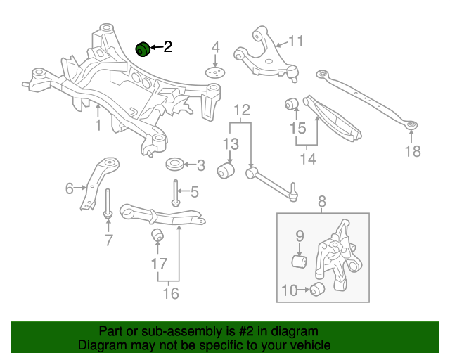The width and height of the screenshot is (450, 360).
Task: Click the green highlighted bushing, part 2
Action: [143, 49]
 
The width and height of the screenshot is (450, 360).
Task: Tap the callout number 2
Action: [167, 47]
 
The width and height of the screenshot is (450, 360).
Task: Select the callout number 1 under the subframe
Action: [98, 125]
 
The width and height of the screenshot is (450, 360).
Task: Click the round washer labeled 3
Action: [174, 165]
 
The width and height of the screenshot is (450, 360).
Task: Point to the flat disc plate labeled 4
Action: [216, 72]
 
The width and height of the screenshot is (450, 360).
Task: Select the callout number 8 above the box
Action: [323, 204]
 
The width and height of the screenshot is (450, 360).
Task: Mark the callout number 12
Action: [242, 110]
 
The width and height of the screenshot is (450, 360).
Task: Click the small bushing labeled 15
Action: [292, 105]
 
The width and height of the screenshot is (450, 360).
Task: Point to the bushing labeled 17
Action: [158, 235]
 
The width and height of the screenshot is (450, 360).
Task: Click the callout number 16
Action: [170, 293]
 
